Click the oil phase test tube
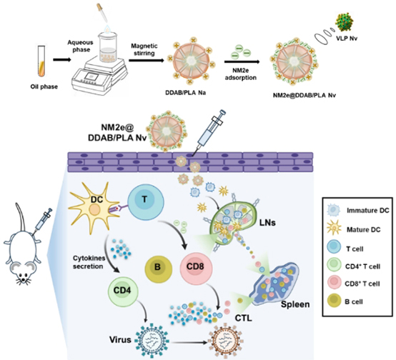click(x=41, y=61)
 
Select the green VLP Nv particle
click(x=344, y=22)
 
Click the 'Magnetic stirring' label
click(x=144, y=50)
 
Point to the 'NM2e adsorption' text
click(x=240, y=74)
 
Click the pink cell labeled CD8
click(x=196, y=268)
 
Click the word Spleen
click(x=295, y=304)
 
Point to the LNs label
click(x=267, y=222)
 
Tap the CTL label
click(x=244, y=318)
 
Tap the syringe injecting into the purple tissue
click(x=208, y=133)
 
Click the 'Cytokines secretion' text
click(x=89, y=262)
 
